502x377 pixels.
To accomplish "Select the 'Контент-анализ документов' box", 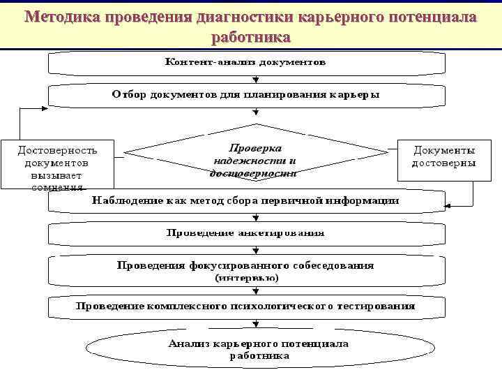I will [x=245, y=62].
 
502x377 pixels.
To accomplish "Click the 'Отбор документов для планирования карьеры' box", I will [x=245, y=95].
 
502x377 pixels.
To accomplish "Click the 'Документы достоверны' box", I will [x=444, y=157].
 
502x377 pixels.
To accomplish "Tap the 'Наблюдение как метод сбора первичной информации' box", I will [x=245, y=200].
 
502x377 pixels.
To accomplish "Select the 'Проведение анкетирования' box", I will [x=245, y=232].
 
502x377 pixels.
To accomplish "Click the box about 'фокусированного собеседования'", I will [x=245, y=265].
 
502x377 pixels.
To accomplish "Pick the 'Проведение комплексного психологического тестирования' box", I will [x=245, y=306].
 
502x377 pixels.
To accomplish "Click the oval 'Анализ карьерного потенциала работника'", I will [x=258, y=349].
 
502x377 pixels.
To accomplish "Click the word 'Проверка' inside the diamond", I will [x=255, y=148].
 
